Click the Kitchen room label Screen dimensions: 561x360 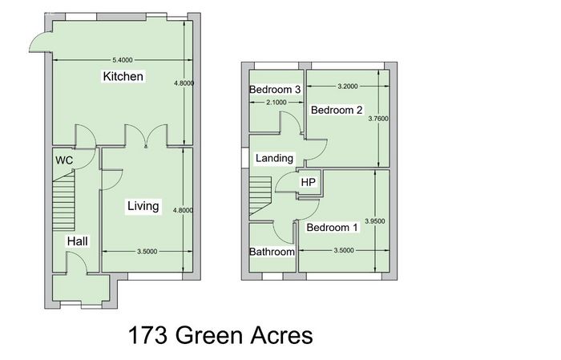pos(123,76)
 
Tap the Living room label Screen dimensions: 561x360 pos(143,206)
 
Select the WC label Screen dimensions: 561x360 pos(64,160)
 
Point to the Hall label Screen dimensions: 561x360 pos(77,241)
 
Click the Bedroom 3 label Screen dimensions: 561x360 pos(275,89)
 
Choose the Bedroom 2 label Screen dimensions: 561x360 pos(337,110)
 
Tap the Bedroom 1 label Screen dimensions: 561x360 pos(332,227)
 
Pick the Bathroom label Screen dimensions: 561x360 pos(272,252)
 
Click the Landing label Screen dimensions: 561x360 pos(274,158)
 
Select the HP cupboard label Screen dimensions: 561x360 pos(308,182)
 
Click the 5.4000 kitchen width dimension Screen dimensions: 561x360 pos(123,60)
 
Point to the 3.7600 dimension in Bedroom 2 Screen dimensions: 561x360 pos(378,119)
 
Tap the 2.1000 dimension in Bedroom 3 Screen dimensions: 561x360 pos(276,103)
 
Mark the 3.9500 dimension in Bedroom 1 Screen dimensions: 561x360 pos(375,221)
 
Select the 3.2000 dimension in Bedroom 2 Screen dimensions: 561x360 pos(348,87)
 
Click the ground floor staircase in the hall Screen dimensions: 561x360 pos(63,200)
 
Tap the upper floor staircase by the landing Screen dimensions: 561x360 pos(260,196)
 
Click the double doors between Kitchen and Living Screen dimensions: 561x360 pos(146,136)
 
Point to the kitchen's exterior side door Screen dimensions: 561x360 pos(40,42)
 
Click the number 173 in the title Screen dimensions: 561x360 pos(147,336)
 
